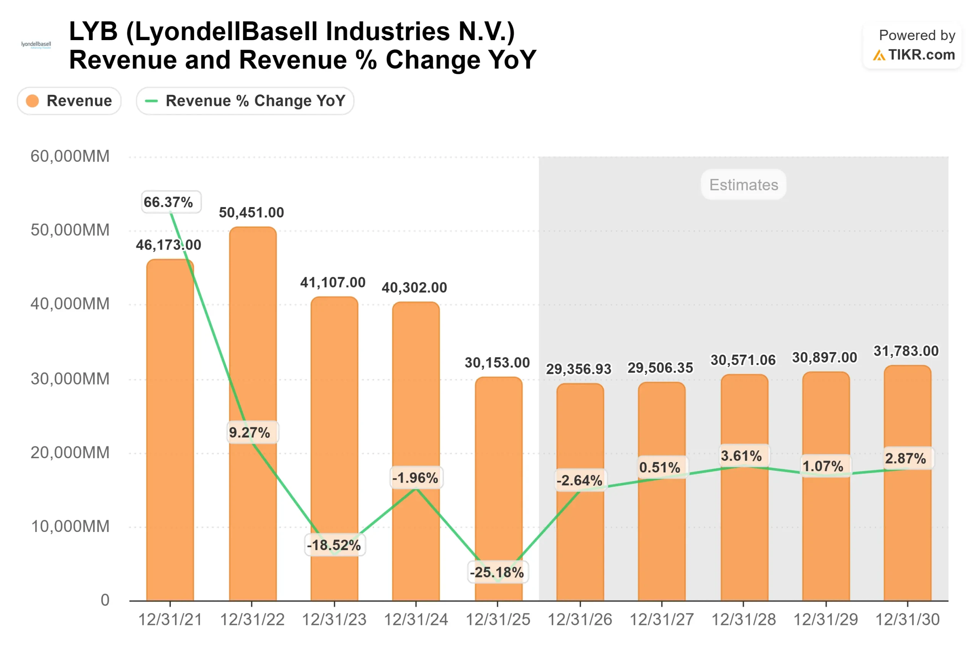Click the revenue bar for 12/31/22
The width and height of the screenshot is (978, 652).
(x=252, y=332)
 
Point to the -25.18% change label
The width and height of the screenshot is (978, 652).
(x=497, y=573)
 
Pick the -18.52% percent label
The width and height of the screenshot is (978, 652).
(x=334, y=545)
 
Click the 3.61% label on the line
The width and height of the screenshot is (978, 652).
(x=742, y=456)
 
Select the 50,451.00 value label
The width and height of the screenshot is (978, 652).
(x=251, y=212)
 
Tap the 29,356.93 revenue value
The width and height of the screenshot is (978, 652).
(x=578, y=369)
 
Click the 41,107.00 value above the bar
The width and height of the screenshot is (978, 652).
(x=333, y=283)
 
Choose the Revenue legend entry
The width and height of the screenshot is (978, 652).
(x=69, y=101)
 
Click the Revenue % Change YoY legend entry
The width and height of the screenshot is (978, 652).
(x=245, y=101)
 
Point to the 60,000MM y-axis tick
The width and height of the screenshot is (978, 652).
(x=70, y=156)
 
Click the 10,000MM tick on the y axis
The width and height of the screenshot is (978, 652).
(x=70, y=526)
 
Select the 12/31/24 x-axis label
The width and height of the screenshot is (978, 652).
(x=416, y=620)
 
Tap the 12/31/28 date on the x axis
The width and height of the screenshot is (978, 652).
(x=743, y=620)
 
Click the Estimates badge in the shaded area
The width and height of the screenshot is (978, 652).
(x=743, y=185)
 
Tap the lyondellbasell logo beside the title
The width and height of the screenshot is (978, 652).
(x=36, y=44)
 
